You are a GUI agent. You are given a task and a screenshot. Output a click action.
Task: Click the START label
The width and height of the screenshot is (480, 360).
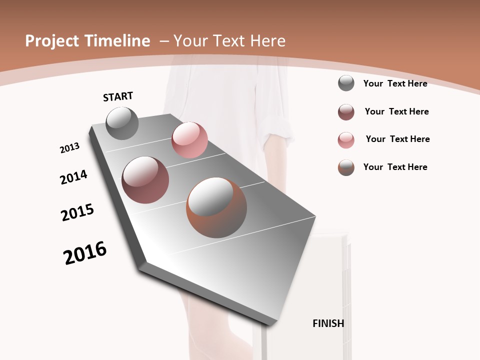coord(118,96)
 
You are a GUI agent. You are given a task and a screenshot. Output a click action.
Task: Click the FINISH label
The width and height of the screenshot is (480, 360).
coord(328,323)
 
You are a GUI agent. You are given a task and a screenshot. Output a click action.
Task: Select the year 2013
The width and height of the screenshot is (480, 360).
coord(69,148)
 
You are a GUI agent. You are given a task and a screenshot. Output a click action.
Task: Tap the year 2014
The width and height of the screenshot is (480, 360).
coord(73,177)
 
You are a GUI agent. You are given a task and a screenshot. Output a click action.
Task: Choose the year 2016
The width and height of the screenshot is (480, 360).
coord(85,253)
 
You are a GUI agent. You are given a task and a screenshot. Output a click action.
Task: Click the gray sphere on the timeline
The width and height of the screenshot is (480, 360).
coord(122,123)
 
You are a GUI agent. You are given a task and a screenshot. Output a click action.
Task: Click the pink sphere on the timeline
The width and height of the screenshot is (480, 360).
coord(189,140)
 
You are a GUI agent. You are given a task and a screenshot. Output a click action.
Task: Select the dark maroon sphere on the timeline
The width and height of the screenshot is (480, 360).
coord(145,180)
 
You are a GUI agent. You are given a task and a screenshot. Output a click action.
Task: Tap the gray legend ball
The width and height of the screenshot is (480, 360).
coord(346,83)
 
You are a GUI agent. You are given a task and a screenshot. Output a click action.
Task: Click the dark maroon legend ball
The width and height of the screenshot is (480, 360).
coord(346,112)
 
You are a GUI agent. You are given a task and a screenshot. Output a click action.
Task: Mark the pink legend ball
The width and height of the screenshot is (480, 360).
coord(346,140)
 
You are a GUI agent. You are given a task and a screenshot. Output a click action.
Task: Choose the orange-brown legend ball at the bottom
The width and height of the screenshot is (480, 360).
coord(346,167)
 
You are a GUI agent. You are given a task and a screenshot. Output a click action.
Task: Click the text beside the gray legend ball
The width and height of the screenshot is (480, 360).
coord(395,83)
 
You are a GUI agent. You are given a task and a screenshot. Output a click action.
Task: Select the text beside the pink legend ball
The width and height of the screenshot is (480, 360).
coord(397,139)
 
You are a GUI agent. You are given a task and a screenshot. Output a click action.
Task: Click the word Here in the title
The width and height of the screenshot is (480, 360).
coord(266,41)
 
